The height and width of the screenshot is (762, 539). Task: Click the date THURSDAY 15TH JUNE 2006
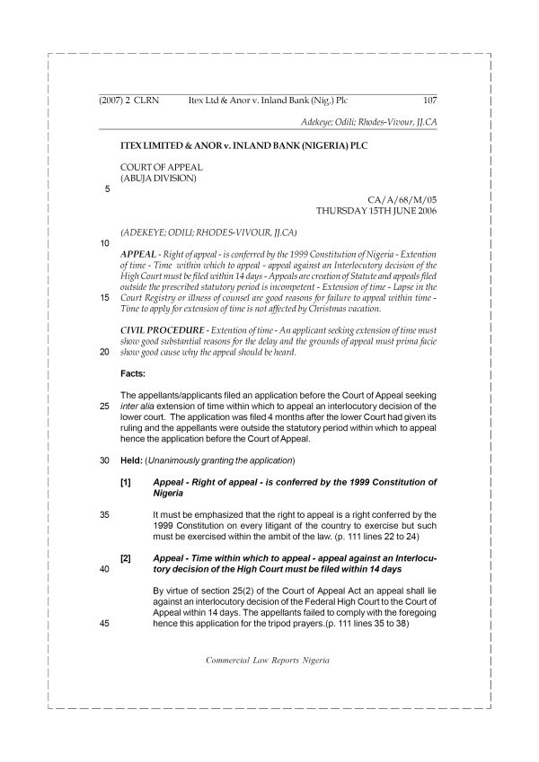376,212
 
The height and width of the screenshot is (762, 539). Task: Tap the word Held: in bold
131,460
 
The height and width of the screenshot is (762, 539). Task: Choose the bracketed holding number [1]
127,482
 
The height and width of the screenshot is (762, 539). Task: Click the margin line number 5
108,189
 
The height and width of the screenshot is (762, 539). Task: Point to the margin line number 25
105,405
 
